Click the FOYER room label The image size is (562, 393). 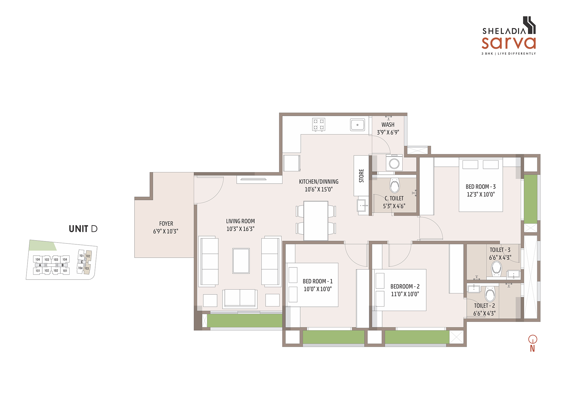pos(166,224)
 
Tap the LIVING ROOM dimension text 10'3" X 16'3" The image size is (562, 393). pos(240,229)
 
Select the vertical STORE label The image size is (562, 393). pos(361,176)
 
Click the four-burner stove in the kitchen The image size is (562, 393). pos(319,124)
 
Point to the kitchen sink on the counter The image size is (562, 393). pos(357,125)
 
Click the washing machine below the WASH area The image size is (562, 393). pos(394,163)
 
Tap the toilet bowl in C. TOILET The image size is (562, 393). pos(395,185)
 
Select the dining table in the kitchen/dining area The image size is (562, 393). pos(316,221)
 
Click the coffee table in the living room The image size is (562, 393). pos(241,261)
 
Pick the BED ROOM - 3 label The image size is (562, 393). pos(481,187)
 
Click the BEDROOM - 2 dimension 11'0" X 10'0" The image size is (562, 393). pos(405,294)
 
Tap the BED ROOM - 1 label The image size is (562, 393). pos(318,281)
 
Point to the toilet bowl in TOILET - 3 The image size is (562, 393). pos(496,269)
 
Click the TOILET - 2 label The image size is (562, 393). pos(485,306)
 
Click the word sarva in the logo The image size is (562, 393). pos(509,43)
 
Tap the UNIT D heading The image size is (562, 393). pos(83,229)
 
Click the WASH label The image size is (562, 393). pos(388,125)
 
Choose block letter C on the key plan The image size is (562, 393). pos(82,262)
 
